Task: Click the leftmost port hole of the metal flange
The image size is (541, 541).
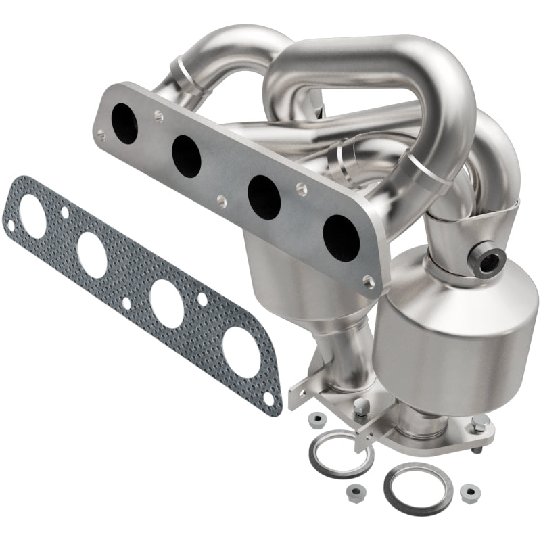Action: (125, 120)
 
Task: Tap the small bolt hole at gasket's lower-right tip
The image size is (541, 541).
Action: (270, 400)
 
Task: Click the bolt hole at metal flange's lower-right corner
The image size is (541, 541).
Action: (367, 280)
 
